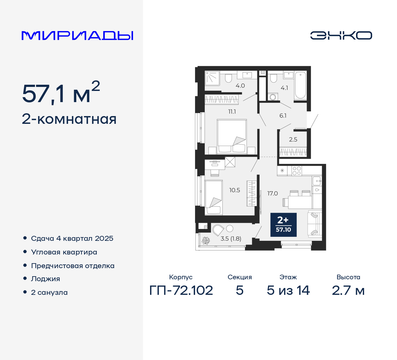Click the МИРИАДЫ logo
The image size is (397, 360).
(77, 35)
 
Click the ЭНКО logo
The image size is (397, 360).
(341, 35)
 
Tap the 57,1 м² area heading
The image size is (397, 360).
(61, 93)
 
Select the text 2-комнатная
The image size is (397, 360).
(69, 119)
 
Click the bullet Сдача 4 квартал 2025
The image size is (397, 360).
(72, 238)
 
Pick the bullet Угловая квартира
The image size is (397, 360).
(64, 252)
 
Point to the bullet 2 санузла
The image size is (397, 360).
(49, 292)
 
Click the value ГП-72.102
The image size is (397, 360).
(181, 290)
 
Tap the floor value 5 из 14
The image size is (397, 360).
(288, 290)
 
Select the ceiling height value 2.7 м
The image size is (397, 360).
(348, 290)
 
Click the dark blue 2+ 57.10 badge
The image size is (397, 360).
(283, 225)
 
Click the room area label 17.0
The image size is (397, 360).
(272, 193)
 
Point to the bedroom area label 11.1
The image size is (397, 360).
(232, 111)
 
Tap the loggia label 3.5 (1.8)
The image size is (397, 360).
(231, 239)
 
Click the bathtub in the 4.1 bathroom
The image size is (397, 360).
(300, 85)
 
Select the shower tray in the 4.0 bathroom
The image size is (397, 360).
(212, 78)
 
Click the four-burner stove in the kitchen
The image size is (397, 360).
(297, 171)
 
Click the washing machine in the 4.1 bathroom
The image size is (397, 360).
(273, 97)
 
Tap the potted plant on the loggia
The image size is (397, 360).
(206, 241)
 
